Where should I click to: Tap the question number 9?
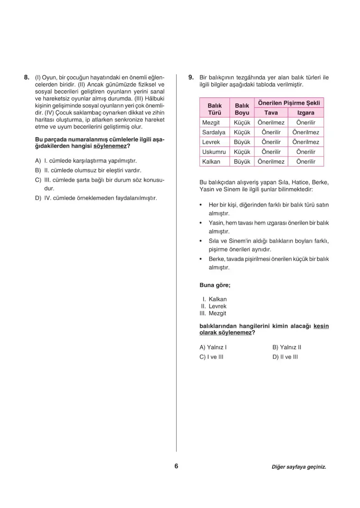pyautogui.click(x=191, y=77)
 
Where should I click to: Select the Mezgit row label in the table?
pyautogui.click(x=211, y=122)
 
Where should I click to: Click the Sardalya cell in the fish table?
pyautogui.click(x=214, y=132)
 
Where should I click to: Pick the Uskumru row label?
pyautogui.click(x=214, y=152)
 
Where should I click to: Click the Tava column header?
pyautogui.click(x=271, y=112)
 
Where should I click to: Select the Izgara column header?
pyautogui.click(x=306, y=112)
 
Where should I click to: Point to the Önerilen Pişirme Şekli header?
pyautogui.click(x=289, y=103)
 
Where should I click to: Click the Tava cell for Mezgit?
pyautogui.click(x=271, y=122)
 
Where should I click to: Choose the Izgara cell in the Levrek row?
pyautogui.click(x=306, y=142)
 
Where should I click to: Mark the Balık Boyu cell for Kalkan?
pyautogui.click(x=242, y=162)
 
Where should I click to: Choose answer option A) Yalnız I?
pyautogui.click(x=213, y=347)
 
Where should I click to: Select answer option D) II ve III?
pyautogui.click(x=285, y=357)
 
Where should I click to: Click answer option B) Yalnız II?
pyautogui.click(x=287, y=347)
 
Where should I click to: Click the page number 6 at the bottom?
pyautogui.click(x=176, y=466)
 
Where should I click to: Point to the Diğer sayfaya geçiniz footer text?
pyautogui.click(x=299, y=467)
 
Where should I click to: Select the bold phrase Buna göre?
pyautogui.click(x=215, y=285)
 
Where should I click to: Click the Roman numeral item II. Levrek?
pyautogui.click(x=213, y=306)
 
